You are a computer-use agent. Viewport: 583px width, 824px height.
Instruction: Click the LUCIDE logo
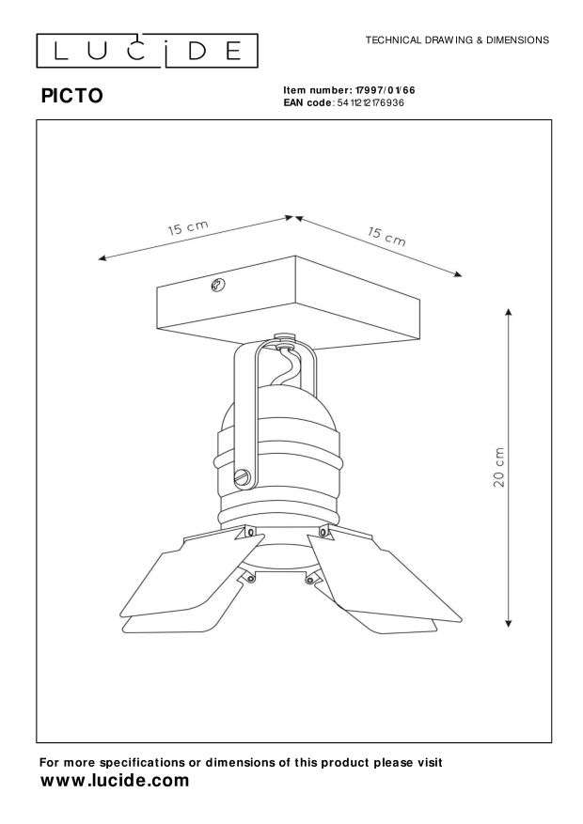[146, 48]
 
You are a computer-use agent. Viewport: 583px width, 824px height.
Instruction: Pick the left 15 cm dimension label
[187, 228]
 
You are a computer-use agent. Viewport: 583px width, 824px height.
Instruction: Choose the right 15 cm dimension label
[386, 235]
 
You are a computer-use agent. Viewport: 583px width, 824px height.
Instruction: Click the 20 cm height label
[500, 465]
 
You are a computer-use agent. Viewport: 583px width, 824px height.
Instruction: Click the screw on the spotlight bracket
[244, 477]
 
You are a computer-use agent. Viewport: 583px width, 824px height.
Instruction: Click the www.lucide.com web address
[116, 781]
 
